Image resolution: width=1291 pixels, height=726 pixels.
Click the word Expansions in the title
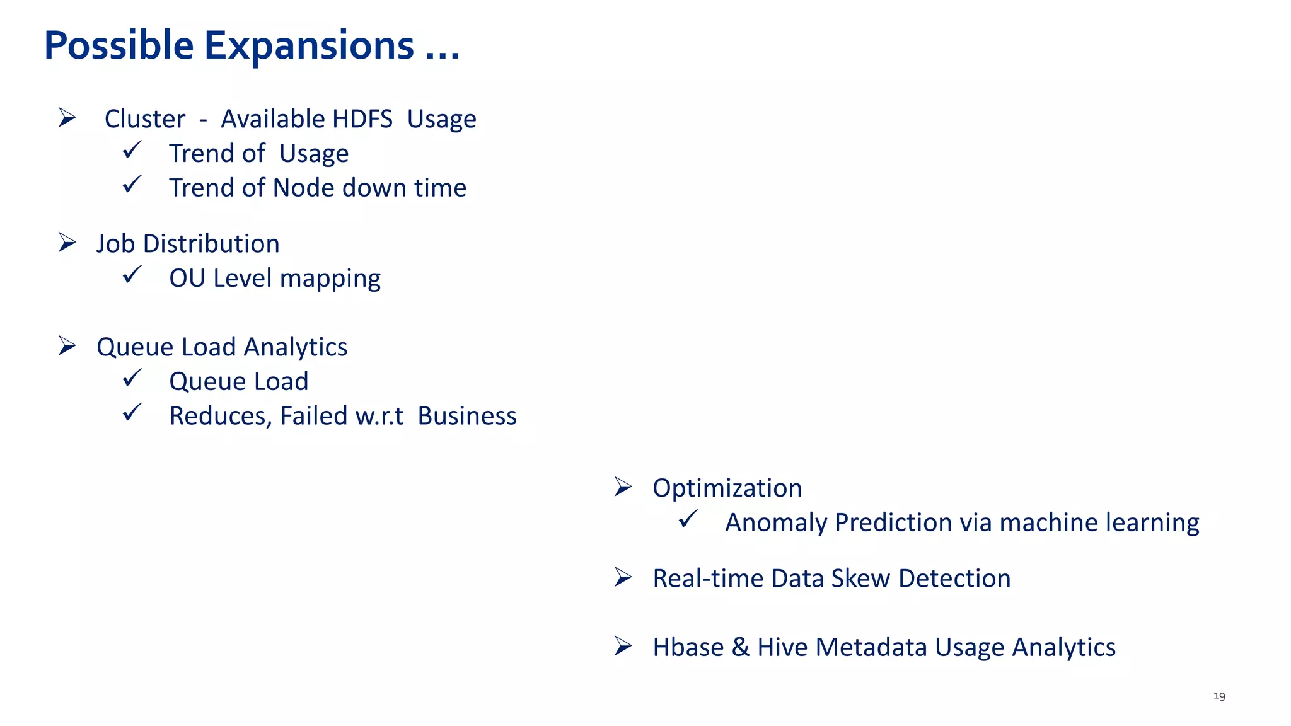309,47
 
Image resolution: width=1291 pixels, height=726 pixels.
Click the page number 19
1219,696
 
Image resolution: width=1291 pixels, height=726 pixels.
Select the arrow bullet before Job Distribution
67,243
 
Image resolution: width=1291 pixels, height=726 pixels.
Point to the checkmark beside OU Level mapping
132,275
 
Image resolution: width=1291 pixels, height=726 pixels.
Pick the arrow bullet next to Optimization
623,487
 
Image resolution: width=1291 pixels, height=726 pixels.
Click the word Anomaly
775,522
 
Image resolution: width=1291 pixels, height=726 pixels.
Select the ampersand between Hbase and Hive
740,647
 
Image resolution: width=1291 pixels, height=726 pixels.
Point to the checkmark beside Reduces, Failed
132,413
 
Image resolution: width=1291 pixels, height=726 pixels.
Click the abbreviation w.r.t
379,416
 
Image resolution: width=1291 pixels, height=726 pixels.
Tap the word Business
467,416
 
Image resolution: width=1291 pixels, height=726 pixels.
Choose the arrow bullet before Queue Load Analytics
67,346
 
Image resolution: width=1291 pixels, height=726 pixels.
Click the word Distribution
211,244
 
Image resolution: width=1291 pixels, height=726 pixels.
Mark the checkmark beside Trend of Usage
132,151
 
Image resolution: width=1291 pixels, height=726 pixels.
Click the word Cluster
145,119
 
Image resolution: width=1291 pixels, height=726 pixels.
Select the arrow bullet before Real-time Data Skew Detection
623,577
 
